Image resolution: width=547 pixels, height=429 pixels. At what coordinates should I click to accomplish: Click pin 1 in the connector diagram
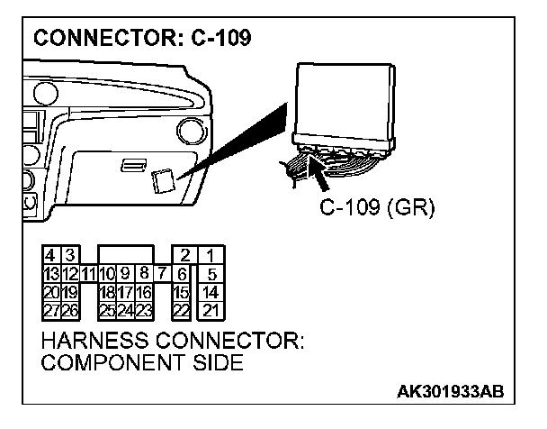click(211, 256)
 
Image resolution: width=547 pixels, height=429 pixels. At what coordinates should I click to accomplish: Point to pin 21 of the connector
click(211, 309)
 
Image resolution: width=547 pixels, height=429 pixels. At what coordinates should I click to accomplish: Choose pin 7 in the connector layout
click(161, 272)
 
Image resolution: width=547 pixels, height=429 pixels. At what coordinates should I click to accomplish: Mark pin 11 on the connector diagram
click(88, 273)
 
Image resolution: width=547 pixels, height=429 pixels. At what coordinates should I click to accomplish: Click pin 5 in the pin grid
click(211, 273)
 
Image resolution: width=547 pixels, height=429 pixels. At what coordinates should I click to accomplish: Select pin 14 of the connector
click(211, 291)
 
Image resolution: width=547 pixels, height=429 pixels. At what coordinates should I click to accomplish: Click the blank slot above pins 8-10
click(125, 255)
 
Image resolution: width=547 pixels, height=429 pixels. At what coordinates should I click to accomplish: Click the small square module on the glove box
click(164, 182)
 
